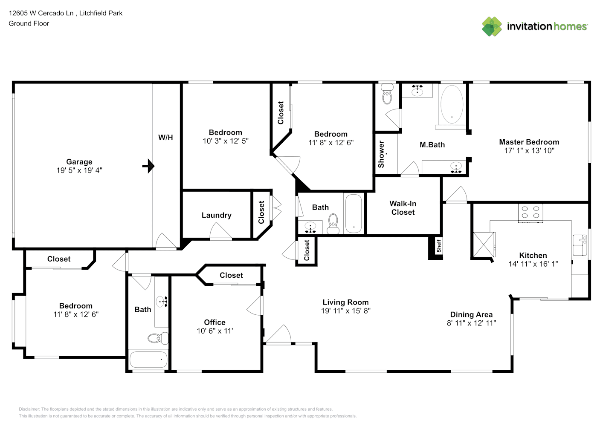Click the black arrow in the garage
(x=148, y=166)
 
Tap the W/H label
(x=165, y=138)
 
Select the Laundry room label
(x=217, y=215)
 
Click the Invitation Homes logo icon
(x=492, y=26)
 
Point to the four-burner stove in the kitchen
(x=531, y=213)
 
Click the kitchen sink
(x=580, y=245)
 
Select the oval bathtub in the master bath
(x=452, y=104)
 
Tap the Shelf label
(x=439, y=246)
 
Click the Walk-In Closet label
(x=403, y=208)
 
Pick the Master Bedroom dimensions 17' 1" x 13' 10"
(x=529, y=151)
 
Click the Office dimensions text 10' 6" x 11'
(x=215, y=331)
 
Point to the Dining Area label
(x=471, y=314)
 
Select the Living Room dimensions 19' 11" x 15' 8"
(x=346, y=311)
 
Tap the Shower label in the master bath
(x=381, y=154)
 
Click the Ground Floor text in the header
(x=29, y=23)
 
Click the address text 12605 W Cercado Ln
(x=41, y=13)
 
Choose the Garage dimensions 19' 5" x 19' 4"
(x=79, y=170)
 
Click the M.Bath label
(x=432, y=145)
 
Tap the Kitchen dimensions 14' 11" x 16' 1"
(x=533, y=264)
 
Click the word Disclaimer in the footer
(x=29, y=409)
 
